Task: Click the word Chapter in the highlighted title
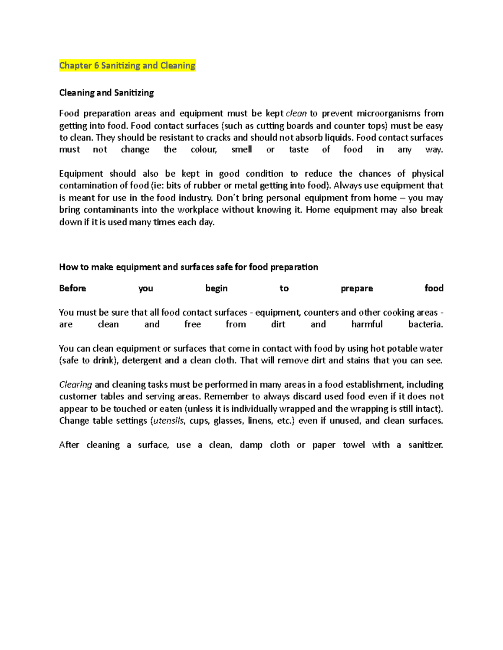point(75,65)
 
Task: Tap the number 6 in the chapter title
point(96,65)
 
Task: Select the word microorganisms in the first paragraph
point(388,113)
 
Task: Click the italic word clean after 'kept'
point(296,113)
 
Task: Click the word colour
point(204,150)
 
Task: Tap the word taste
point(298,150)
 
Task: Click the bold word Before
point(73,288)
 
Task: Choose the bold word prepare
point(357,288)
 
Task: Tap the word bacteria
point(425,324)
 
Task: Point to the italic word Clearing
point(75,385)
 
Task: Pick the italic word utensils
point(169,421)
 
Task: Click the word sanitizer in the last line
point(425,445)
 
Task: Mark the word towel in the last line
point(354,445)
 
